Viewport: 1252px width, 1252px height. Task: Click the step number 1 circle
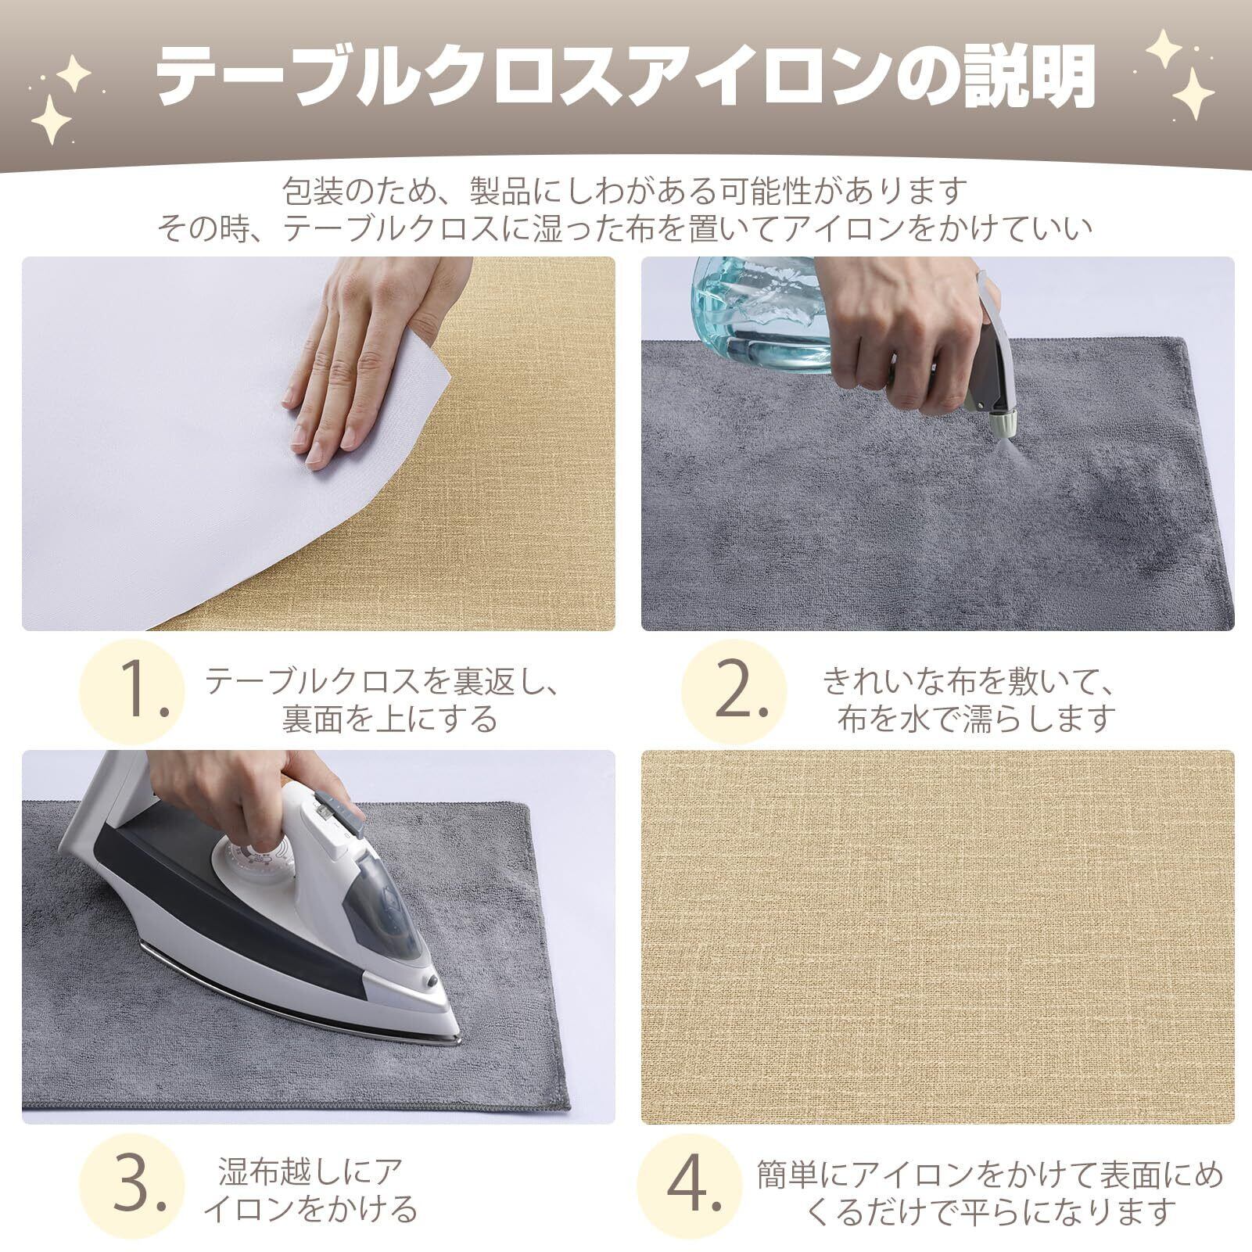tap(132, 691)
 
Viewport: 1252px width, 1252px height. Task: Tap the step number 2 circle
tap(734, 691)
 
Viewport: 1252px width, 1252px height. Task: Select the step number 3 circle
tap(132, 1186)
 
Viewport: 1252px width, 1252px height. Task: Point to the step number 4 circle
tap(689, 1186)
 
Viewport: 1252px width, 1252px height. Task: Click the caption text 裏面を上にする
tap(389, 718)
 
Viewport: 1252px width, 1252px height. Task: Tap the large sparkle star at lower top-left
tap(51, 120)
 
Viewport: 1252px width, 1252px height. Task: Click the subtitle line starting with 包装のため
tap(625, 190)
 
